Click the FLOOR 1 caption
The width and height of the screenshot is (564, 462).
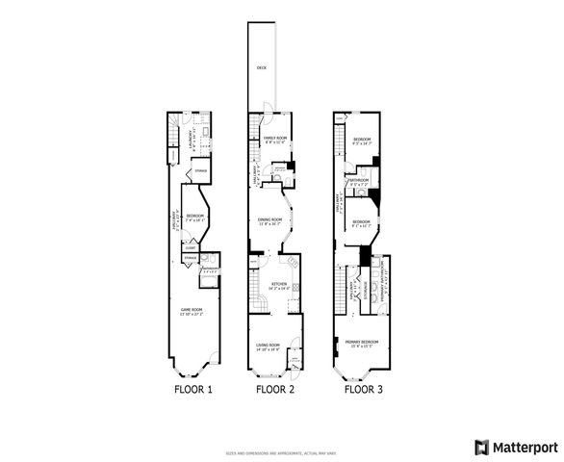pyautogui.click(x=192, y=390)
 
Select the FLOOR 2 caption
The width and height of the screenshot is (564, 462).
pyautogui.click(x=274, y=390)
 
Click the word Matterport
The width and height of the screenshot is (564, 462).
pyautogui.click(x=526, y=446)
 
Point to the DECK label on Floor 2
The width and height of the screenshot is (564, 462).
pyautogui.click(x=261, y=68)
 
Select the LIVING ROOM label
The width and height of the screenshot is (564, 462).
pyautogui.click(x=269, y=346)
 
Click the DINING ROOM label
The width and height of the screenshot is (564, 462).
pyautogui.click(x=270, y=219)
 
